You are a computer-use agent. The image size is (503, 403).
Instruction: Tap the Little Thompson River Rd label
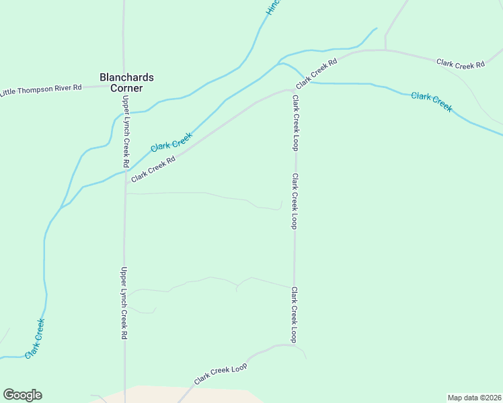(x=41, y=89)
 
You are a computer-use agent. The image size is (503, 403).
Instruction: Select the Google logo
(x=22, y=395)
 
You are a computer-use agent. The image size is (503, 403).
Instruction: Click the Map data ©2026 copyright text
(x=474, y=397)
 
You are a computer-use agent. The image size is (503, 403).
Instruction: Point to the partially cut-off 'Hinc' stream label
(x=272, y=7)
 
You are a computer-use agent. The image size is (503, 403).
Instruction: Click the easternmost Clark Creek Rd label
(x=460, y=64)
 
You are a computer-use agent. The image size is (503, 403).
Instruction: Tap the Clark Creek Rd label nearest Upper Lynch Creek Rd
(x=153, y=169)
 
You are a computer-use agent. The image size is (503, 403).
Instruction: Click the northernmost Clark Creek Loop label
(x=295, y=122)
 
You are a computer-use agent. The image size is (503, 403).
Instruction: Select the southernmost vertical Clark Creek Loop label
(x=294, y=314)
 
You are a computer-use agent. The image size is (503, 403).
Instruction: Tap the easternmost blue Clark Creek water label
(x=432, y=101)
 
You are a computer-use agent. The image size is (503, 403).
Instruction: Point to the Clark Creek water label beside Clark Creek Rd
(x=171, y=142)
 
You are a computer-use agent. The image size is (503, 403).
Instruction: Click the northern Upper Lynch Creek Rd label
(x=125, y=131)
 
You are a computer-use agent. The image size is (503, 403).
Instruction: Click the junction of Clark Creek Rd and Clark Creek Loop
(x=294, y=89)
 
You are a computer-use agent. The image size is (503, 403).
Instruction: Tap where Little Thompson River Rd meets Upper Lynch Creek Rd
(x=124, y=86)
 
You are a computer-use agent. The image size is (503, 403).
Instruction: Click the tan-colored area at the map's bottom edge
(x=182, y=394)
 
